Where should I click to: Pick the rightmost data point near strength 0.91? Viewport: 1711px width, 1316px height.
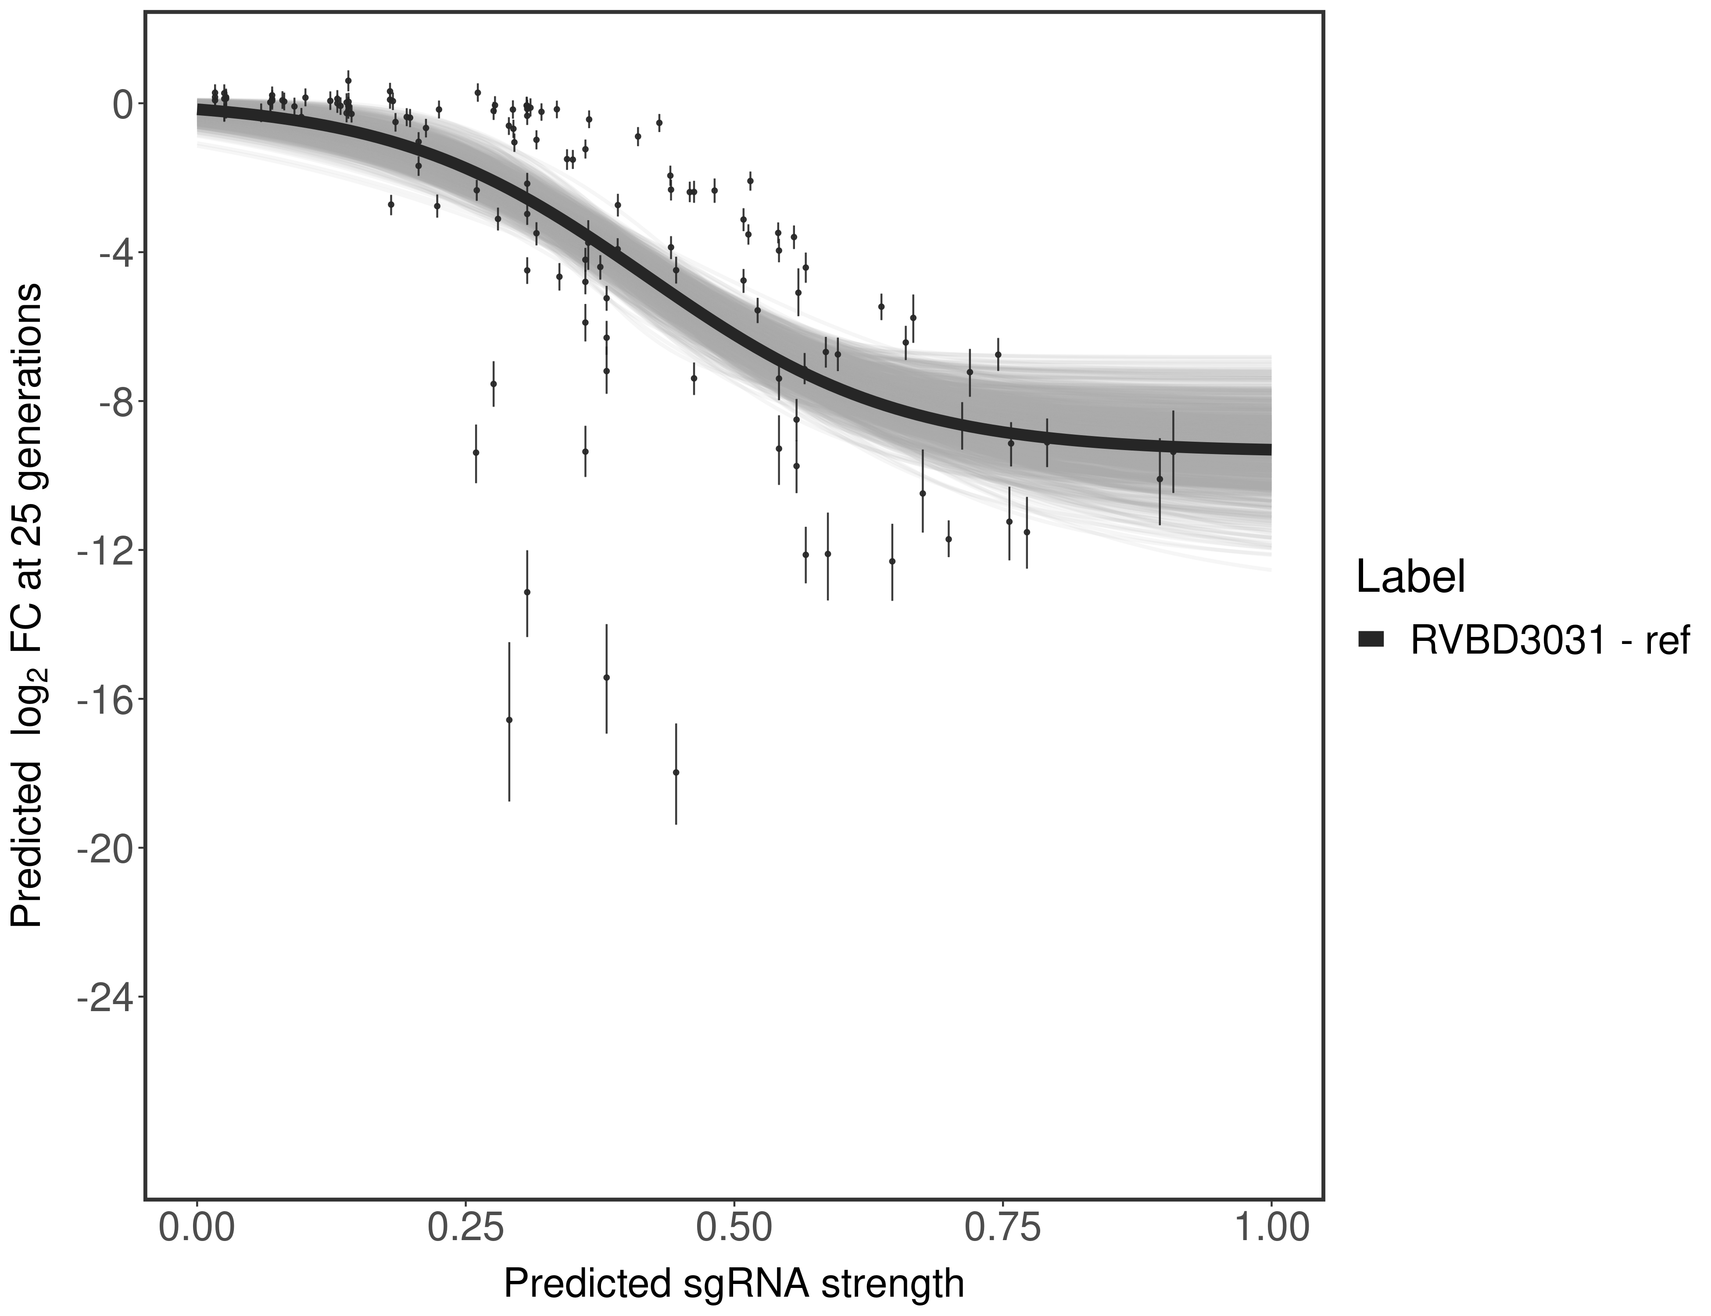[1173, 452]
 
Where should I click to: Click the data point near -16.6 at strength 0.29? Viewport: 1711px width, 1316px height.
[509, 719]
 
